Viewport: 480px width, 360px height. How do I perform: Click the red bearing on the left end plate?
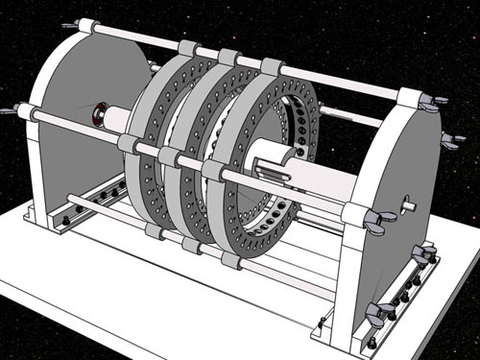[x=98, y=117]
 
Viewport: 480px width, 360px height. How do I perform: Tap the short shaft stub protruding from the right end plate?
[x=409, y=204]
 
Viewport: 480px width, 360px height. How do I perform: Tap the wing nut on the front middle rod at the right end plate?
[x=380, y=223]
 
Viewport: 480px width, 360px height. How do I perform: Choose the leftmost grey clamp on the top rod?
[x=188, y=49]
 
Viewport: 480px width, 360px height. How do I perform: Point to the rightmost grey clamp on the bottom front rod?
[x=231, y=259]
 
